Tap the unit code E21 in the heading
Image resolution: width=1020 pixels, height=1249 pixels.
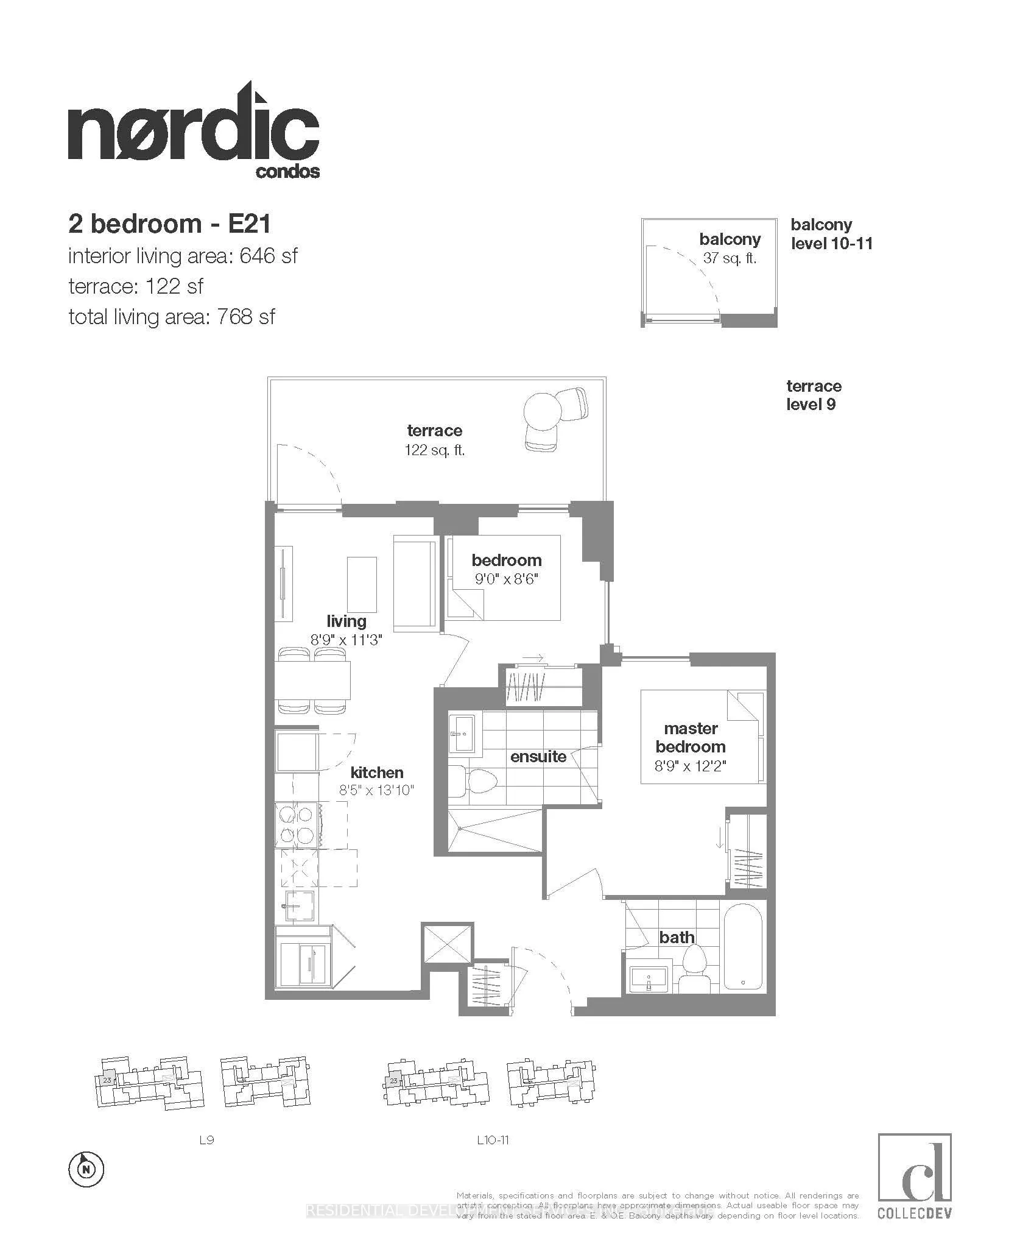coord(249,224)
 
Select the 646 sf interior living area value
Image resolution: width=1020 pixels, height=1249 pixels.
coord(269,256)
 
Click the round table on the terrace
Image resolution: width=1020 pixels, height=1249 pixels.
coord(542,409)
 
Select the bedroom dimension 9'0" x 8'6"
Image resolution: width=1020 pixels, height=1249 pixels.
coord(507,578)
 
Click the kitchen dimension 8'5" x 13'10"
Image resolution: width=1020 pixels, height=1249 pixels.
coord(376,791)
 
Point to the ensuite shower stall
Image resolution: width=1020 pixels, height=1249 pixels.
coord(494,829)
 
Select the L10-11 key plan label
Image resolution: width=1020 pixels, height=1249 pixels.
coord(493,1139)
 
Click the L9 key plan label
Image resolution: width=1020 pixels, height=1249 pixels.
coord(206,1139)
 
